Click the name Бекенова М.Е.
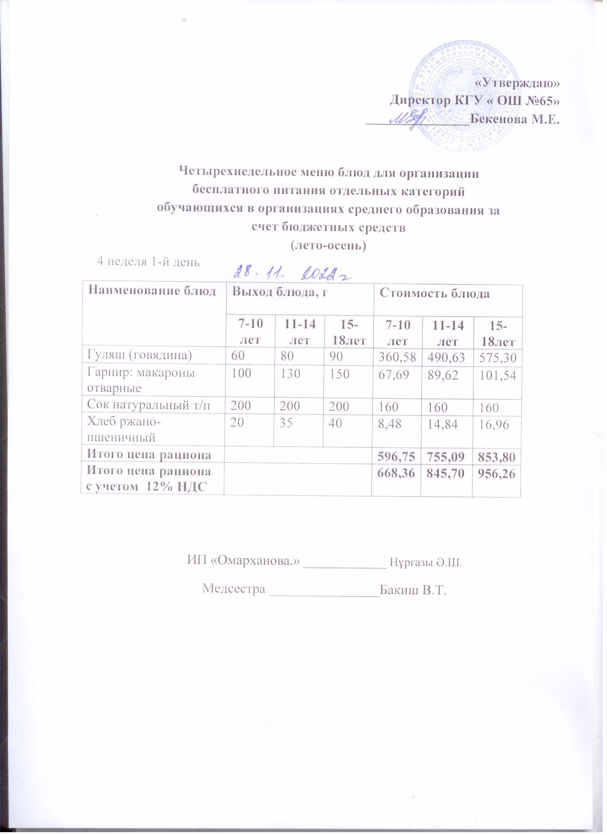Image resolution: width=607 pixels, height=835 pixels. pyautogui.click(x=515, y=120)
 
